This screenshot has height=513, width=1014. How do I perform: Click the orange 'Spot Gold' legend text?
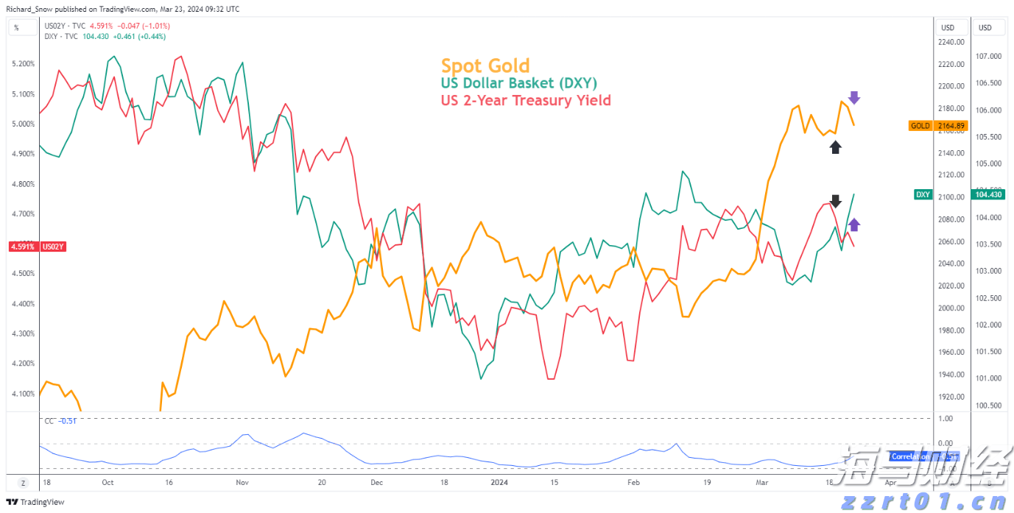pos(485,66)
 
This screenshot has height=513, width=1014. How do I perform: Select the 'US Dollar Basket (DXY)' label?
pos(519,83)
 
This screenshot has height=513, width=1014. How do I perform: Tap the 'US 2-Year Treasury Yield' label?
pos(526,100)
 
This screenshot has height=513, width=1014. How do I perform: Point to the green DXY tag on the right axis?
pos(923,195)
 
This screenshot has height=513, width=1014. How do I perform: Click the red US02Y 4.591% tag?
pos(37,247)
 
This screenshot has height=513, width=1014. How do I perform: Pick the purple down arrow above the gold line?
pos(853,97)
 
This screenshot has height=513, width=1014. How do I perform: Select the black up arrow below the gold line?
pos(835,147)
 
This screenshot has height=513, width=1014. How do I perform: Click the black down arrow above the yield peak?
pos(835,201)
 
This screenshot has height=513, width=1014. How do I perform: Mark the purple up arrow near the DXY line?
pos(854,225)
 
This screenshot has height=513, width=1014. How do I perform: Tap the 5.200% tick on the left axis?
pos(24,64)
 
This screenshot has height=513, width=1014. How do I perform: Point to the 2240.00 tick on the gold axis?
pos(951,43)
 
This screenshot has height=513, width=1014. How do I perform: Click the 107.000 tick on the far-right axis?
pos(990,57)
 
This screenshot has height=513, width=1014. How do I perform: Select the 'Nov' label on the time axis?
pos(242,483)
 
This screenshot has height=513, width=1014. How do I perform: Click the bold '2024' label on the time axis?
pos(499,483)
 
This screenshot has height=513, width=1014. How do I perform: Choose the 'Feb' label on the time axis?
pos(633,483)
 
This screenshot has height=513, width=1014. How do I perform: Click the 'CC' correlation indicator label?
pos(49,421)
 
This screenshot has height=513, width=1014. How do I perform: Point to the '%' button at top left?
pos(16,28)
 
